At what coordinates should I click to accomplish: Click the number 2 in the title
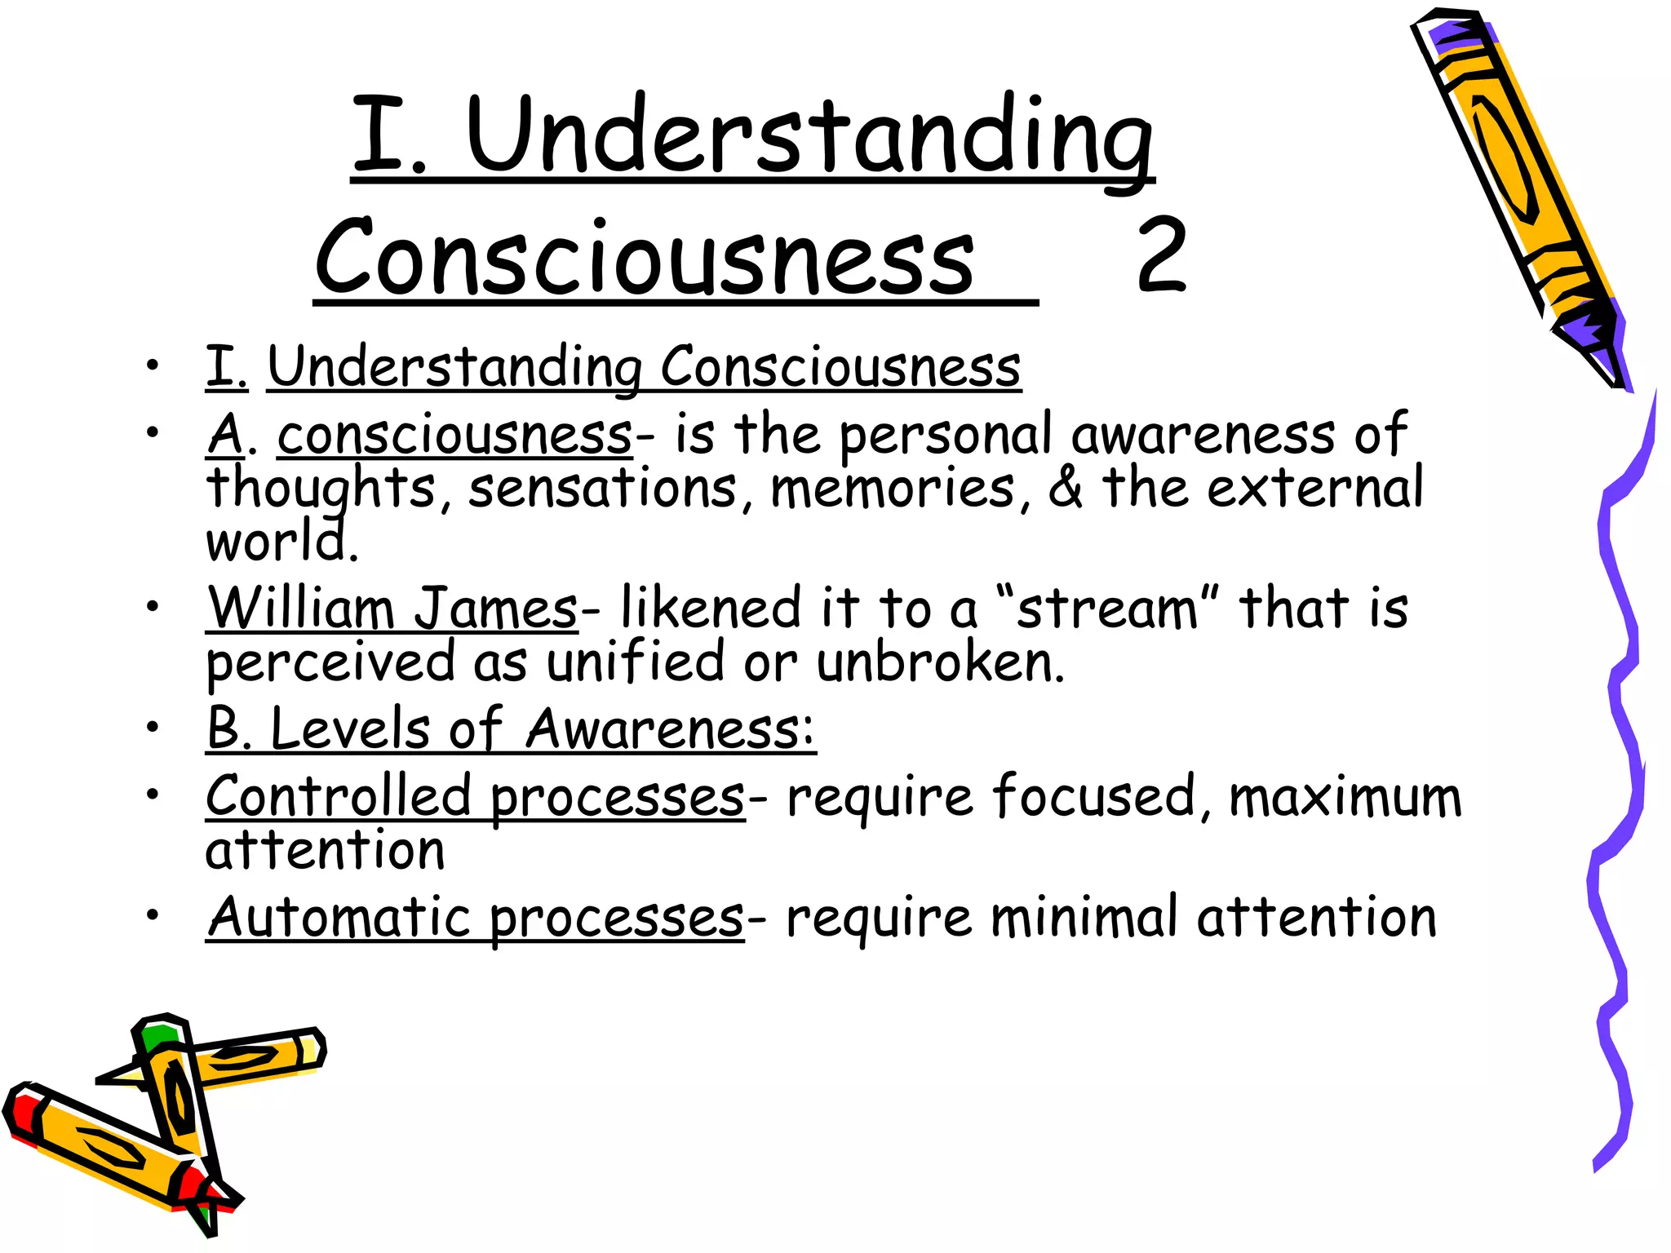tap(1161, 255)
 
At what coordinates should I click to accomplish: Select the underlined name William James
tap(392, 608)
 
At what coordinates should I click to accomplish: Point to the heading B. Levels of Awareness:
tap(511, 728)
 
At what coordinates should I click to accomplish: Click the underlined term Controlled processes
tap(475, 797)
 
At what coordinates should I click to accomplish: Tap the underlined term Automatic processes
tap(475, 918)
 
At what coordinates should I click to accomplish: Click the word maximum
tap(1345, 797)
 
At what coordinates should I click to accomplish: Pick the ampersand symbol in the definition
tap(1066, 488)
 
